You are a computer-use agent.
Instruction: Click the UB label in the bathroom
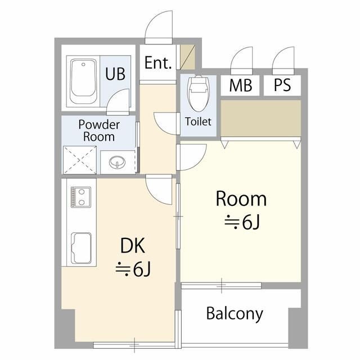115,74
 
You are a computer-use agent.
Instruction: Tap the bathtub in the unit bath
83,82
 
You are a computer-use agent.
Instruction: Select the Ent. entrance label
158,62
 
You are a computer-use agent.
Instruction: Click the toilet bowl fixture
199,93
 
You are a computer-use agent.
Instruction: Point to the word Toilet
198,121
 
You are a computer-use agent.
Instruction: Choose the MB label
241,85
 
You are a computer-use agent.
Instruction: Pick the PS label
282,85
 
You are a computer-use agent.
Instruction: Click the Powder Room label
99,130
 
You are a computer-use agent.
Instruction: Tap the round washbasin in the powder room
118,163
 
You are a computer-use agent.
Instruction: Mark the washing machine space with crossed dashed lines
80,160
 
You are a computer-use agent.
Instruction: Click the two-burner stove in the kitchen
81,197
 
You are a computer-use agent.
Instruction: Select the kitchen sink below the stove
81,248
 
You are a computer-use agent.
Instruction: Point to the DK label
133,246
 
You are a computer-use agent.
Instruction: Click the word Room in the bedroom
241,199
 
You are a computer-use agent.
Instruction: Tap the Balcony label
235,314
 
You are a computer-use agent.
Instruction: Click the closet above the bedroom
260,118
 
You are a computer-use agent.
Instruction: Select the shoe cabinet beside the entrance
187,57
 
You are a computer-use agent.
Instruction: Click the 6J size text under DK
133,269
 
